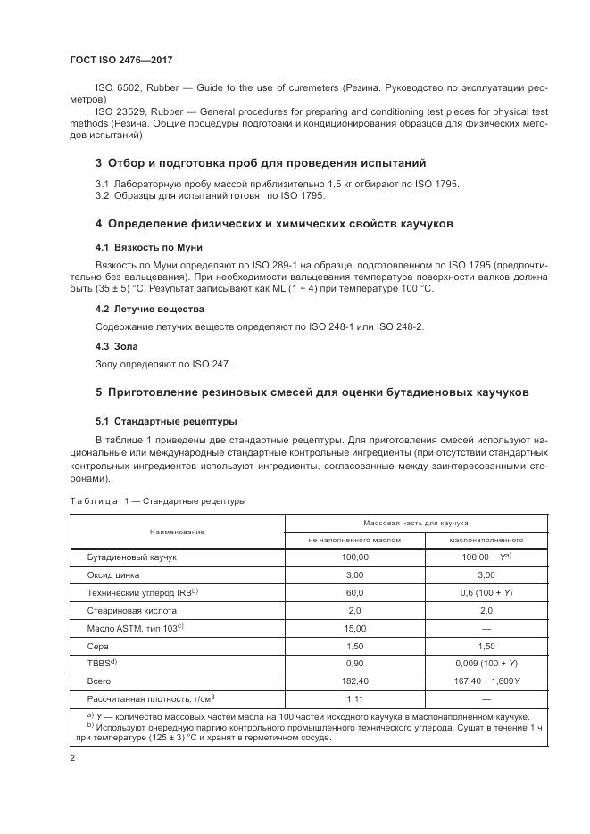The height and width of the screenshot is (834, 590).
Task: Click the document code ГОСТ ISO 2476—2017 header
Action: coord(120,60)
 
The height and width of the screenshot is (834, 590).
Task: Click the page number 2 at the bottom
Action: coord(72,758)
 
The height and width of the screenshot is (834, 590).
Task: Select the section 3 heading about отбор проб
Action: coord(248,163)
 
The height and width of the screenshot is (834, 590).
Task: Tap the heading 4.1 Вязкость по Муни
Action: coord(142,245)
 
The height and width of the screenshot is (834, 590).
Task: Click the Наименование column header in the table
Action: coord(177,531)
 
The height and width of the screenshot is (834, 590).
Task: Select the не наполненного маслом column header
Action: coord(354,540)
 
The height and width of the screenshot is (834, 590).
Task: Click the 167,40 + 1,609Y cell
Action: coord(486,682)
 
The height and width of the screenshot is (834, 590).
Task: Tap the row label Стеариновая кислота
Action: coord(131,611)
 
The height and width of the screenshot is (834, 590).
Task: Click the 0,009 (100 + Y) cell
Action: coord(486,665)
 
